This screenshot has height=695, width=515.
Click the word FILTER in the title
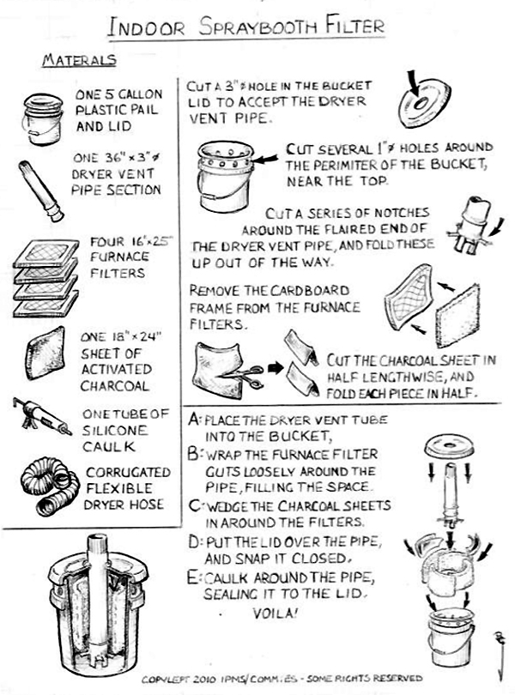pyautogui.click(x=354, y=26)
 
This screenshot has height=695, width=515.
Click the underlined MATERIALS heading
pyautogui.click(x=80, y=60)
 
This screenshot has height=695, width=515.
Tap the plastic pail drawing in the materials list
pyautogui.click(x=42, y=118)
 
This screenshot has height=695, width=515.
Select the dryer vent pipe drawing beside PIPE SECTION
pyautogui.click(x=41, y=191)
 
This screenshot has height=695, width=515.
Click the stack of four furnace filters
pyautogui.click(x=46, y=278)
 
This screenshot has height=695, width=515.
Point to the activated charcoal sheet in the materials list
pyautogui.click(x=45, y=354)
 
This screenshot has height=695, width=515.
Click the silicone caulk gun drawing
pyautogui.click(x=42, y=416)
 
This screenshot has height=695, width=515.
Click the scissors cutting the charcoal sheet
pyautogui.click(x=242, y=375)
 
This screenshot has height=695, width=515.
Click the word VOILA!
pyautogui.click(x=275, y=613)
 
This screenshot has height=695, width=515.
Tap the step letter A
pyautogui.click(x=194, y=419)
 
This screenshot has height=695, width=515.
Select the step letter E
pyautogui.click(x=193, y=578)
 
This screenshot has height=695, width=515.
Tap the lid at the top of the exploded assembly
pyautogui.click(x=450, y=446)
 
